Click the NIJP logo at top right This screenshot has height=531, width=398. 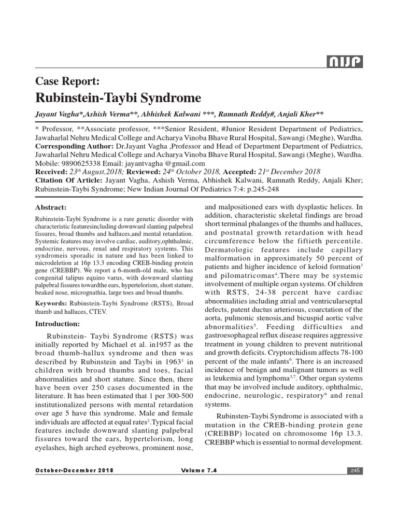pos(345,63)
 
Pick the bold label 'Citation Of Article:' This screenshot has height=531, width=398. pos(69,180)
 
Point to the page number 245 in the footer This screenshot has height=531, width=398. pos(355,470)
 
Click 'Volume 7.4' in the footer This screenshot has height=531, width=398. pos(199,470)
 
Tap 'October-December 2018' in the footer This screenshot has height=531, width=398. pos(74,470)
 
